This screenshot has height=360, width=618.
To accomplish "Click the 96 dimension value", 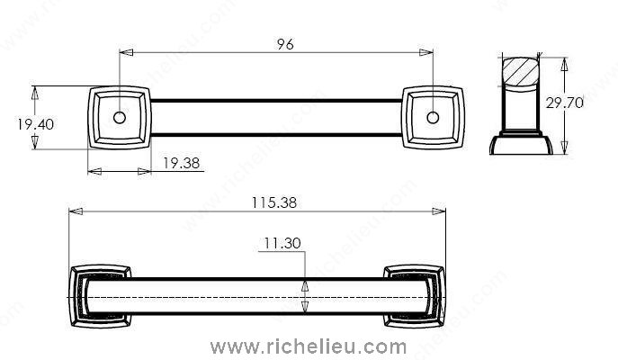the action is click(285, 44).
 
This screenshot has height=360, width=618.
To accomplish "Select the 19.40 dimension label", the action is click(35, 124).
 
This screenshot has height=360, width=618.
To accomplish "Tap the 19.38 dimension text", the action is click(182, 163).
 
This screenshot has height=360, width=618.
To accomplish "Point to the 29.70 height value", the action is click(564, 103).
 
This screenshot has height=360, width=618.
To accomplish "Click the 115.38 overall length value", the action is click(274, 202).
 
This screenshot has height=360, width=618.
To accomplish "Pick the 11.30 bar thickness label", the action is click(282, 243).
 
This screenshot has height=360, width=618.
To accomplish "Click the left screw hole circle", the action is click(119, 118).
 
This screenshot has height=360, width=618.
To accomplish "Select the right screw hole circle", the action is click(433, 118).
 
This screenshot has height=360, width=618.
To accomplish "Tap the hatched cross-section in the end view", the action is click(520, 71).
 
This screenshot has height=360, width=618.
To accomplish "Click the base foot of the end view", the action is click(521, 145).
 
